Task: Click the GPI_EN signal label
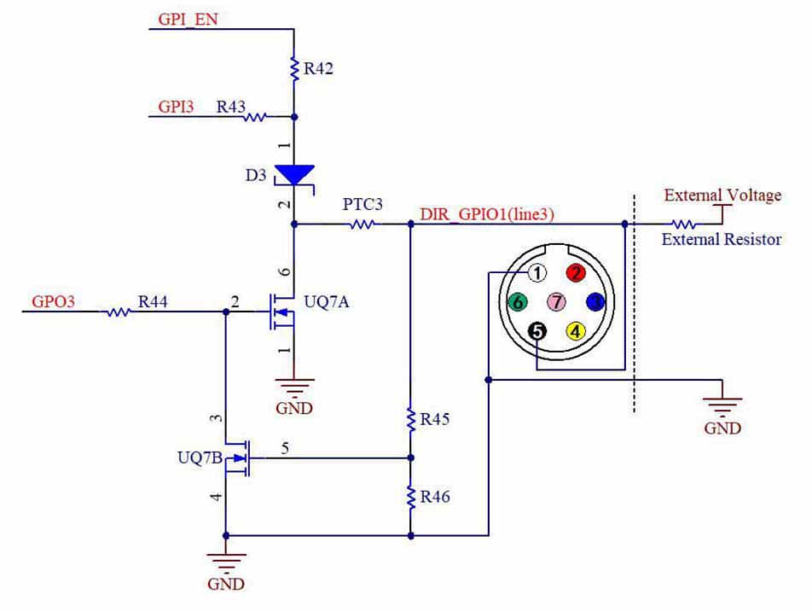pyautogui.click(x=188, y=20)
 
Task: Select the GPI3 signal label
pyautogui.click(x=177, y=107)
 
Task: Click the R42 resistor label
pyautogui.click(x=317, y=68)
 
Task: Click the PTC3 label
pyautogui.click(x=362, y=205)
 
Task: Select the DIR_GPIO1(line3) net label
pyautogui.click(x=487, y=215)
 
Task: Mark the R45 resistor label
pyautogui.click(x=434, y=419)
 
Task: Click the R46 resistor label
pyautogui.click(x=434, y=496)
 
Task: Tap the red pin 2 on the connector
pyautogui.click(x=577, y=273)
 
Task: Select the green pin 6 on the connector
pyautogui.click(x=516, y=301)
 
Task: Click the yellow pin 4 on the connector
pyautogui.click(x=577, y=330)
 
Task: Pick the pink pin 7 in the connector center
pyautogui.click(x=556, y=301)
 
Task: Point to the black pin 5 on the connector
pyautogui.click(x=536, y=330)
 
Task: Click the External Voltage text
pyautogui.click(x=722, y=195)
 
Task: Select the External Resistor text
pyautogui.click(x=722, y=239)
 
